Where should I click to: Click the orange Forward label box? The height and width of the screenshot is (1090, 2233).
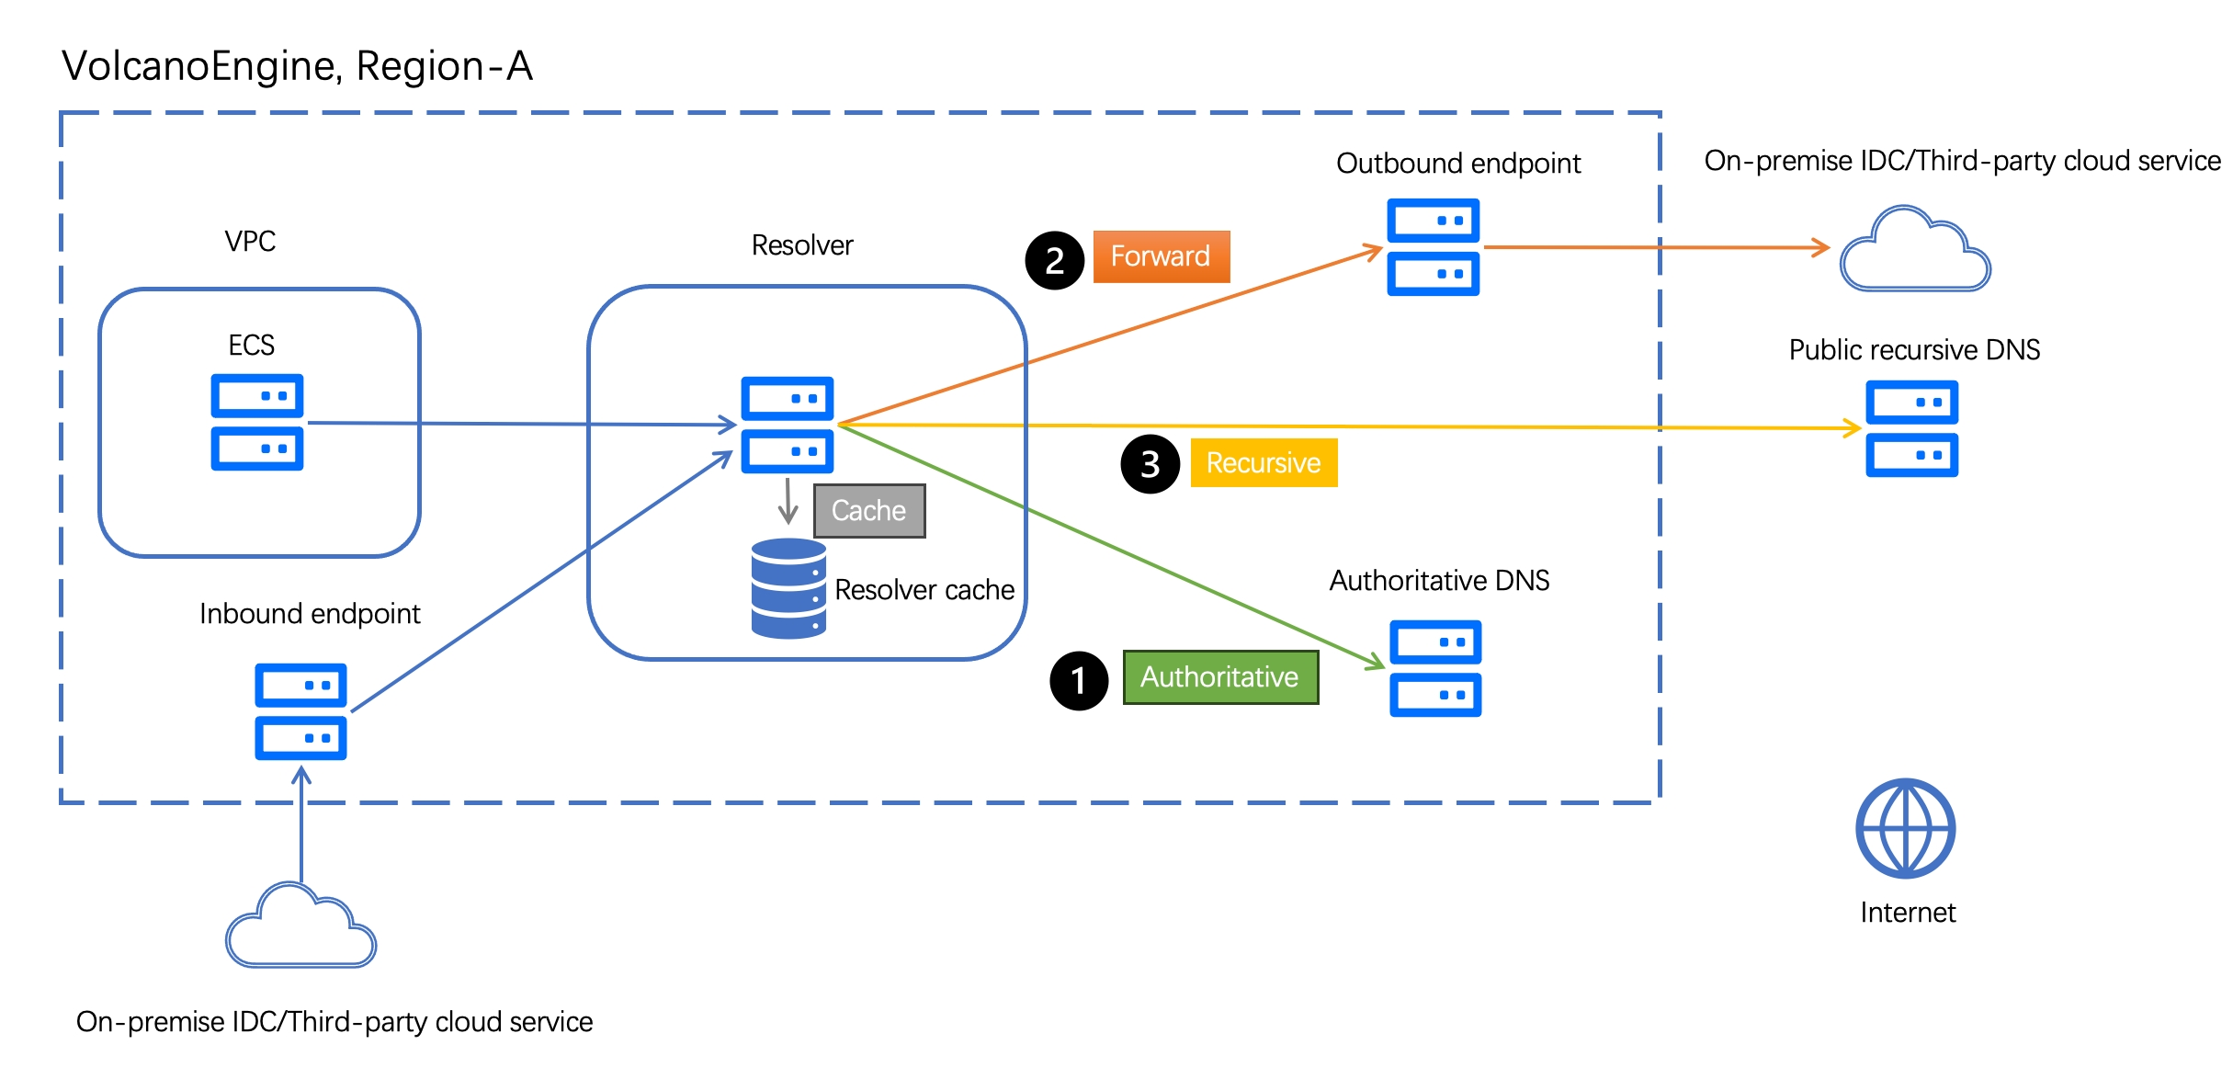coord(1162,256)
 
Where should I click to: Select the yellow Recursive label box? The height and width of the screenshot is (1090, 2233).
coord(1264,462)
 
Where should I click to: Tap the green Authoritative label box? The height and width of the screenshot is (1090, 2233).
coord(1220,677)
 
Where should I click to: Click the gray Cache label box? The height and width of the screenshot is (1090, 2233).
coord(869,511)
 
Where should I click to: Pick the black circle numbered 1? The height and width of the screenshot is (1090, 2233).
coord(1079,681)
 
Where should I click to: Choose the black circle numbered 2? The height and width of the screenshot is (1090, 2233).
coord(1055,260)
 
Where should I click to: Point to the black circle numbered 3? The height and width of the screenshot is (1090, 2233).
coord(1151,464)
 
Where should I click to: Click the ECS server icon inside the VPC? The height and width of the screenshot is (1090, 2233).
coord(257,422)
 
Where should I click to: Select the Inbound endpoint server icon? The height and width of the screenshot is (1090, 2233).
coord(300,711)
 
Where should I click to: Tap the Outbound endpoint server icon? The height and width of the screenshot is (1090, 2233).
coord(1433,247)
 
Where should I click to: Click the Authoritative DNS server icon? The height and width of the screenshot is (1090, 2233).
coord(1435,668)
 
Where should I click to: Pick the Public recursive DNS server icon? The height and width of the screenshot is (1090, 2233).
coord(1911,428)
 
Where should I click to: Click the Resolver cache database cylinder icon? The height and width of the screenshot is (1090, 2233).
coord(788,588)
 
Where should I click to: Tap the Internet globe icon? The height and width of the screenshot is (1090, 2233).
coord(1905,828)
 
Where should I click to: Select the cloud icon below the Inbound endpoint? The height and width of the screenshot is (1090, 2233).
coord(300,925)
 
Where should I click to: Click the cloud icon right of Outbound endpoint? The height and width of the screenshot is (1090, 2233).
coord(1915,249)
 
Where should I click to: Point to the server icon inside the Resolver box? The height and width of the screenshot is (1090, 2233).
coord(788,425)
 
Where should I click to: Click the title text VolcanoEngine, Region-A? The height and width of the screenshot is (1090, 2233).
coord(297,66)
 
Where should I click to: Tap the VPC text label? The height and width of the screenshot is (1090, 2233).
coord(250,241)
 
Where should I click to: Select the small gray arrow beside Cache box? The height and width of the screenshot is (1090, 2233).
coord(788,501)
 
